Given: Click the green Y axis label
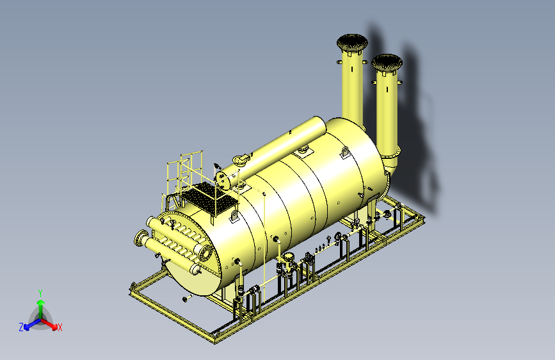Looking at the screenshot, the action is [40, 293].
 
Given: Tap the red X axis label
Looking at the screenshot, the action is [60, 328].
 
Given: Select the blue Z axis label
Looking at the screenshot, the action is [21, 327].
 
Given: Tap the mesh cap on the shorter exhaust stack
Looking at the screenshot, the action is [387, 63].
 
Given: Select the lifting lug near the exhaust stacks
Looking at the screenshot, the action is [345, 152].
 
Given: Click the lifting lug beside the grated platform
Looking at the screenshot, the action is [234, 215].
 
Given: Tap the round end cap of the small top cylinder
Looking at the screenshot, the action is [222, 180].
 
